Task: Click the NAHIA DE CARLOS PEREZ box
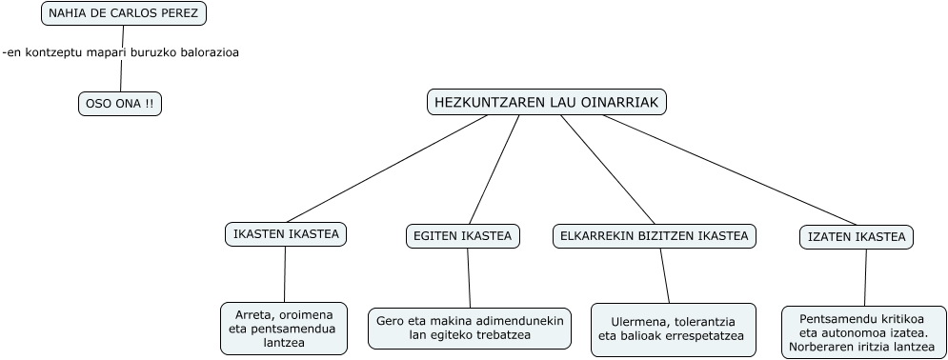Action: [123, 13]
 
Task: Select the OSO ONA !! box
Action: [120, 104]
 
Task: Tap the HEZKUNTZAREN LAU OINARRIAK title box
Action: [547, 102]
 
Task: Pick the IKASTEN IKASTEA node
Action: [286, 234]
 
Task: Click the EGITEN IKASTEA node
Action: [462, 236]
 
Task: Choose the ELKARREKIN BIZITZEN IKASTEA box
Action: [655, 236]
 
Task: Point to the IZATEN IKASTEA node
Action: [857, 237]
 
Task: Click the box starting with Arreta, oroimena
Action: [284, 329]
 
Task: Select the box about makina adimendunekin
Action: [470, 329]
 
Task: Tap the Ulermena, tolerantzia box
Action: [674, 330]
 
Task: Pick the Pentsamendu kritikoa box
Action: [864, 332]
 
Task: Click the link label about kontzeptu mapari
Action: [121, 52]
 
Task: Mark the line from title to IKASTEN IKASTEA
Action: [387, 169]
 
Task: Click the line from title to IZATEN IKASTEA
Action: [730, 170]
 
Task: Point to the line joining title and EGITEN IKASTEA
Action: [494, 170]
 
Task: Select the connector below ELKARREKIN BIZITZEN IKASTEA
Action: [664, 276]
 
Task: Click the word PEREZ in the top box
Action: [179, 13]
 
